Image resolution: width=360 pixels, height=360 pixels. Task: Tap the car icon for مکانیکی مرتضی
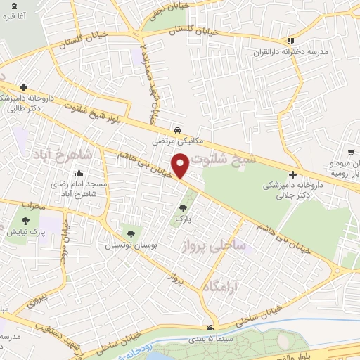181,131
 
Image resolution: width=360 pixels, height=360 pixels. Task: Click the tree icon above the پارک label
184,207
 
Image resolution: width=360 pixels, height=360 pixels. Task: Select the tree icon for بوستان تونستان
129,233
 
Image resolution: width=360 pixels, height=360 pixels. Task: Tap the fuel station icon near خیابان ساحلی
210,329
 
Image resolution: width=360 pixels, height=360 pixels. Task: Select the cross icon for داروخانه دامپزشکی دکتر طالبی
24,88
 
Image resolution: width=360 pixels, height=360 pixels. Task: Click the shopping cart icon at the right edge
349,151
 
